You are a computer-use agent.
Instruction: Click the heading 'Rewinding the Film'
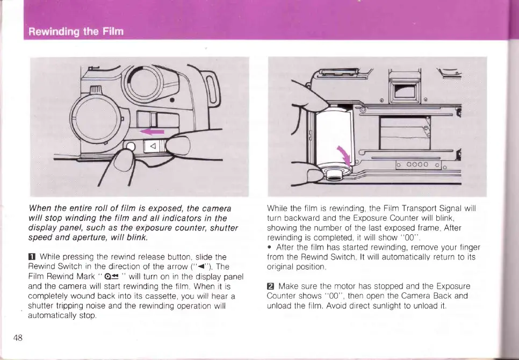point(76,31)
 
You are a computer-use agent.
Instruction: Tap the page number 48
point(18,337)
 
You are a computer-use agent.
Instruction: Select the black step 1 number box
point(32,257)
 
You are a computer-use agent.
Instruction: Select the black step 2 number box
point(271,286)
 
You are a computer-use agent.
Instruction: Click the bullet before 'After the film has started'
point(269,247)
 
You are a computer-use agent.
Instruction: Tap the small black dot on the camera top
point(171,100)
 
